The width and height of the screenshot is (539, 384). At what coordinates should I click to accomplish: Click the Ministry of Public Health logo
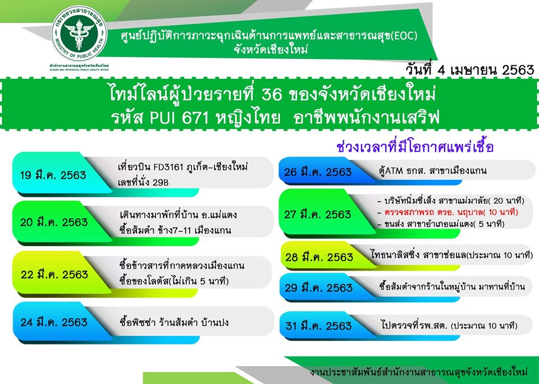click(79, 34)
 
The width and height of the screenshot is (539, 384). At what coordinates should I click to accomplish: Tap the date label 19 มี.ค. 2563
click(53, 175)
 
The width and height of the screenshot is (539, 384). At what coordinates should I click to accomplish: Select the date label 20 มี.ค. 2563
click(54, 222)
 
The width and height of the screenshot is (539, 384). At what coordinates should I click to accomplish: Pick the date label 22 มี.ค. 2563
click(54, 274)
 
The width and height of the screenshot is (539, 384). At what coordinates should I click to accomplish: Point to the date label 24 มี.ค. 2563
click(54, 322)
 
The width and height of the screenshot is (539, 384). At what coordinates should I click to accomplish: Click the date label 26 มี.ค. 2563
click(318, 171)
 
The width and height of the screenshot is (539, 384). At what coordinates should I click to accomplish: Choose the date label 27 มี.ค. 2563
click(317, 214)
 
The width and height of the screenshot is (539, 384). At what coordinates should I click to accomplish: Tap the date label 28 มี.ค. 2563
click(319, 257)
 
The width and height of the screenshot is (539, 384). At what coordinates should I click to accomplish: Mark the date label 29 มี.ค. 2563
click(318, 288)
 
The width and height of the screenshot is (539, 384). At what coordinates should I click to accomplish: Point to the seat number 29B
click(161, 182)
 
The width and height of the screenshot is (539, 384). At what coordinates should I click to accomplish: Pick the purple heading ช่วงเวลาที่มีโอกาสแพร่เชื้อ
click(415, 147)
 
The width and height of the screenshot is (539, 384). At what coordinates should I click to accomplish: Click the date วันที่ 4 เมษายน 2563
click(469, 70)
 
